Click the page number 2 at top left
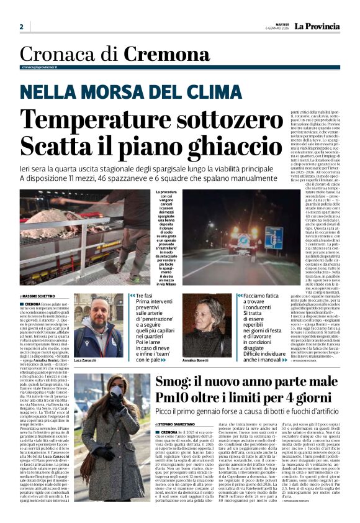click(x=21, y=27)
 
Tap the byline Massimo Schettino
click(x=40, y=296)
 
